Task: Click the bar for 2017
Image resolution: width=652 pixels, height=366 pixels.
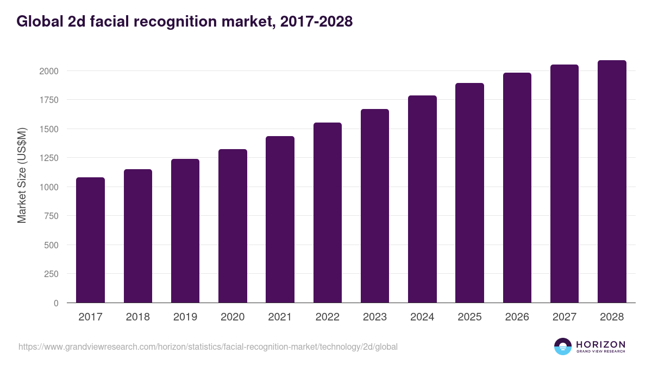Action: click(x=90, y=240)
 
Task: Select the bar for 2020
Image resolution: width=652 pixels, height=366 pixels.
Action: click(x=233, y=226)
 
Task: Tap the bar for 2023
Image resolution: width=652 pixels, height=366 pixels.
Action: click(x=375, y=206)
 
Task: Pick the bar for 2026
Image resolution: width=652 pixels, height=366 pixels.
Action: click(x=517, y=188)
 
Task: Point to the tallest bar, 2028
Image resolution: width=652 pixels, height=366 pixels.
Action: click(x=612, y=181)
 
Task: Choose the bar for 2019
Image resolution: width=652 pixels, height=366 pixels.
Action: click(x=185, y=230)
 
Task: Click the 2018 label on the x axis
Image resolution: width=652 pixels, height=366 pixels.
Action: click(x=138, y=317)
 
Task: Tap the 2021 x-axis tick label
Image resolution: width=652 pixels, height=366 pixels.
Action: click(x=280, y=317)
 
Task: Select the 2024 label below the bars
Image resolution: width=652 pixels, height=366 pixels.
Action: click(x=422, y=317)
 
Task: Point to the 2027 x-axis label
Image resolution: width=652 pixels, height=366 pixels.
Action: click(x=565, y=317)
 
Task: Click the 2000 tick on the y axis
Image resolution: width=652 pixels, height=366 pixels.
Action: click(x=48, y=71)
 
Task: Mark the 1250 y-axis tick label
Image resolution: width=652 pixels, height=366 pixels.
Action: click(x=48, y=158)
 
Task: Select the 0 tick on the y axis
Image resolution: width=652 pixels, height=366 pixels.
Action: click(x=56, y=303)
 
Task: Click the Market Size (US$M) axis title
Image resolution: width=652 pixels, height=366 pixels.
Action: click(x=22, y=176)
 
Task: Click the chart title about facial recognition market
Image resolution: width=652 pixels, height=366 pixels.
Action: click(x=185, y=21)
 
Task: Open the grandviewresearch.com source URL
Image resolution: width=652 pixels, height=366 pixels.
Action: click(x=208, y=346)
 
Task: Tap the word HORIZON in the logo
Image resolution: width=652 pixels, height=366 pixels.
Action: click(x=600, y=344)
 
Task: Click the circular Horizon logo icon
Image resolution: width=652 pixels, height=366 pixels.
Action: click(x=562, y=346)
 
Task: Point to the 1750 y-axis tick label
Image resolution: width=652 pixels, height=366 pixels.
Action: click(x=48, y=100)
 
